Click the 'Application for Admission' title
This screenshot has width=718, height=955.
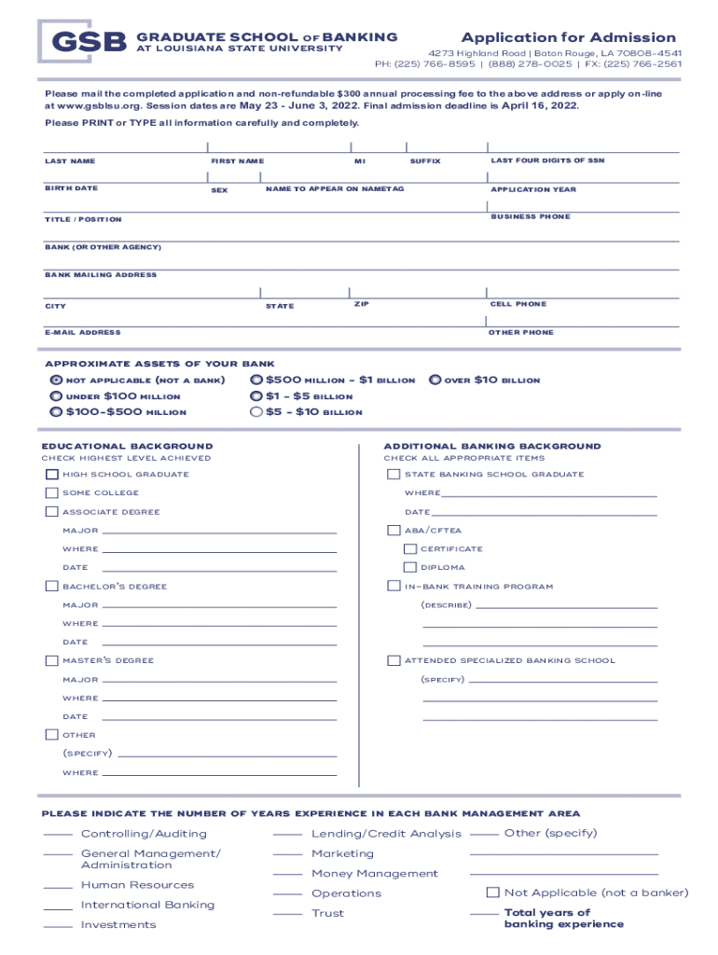568,37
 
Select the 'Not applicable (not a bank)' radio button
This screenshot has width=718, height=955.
56,381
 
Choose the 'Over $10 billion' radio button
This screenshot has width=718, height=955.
435,381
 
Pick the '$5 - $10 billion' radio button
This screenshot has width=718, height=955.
256,411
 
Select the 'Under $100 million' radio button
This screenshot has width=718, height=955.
56,396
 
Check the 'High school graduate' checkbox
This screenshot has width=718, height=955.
52,475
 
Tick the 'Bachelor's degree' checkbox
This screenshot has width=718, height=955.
52,587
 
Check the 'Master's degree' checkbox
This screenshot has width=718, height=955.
52,661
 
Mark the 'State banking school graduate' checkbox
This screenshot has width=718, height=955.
394,475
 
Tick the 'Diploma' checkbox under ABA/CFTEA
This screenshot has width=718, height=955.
410,567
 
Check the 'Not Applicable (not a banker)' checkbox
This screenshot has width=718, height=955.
494,893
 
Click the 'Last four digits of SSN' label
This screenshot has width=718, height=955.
547,161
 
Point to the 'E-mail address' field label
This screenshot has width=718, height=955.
82,333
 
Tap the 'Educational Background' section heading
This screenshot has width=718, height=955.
127,447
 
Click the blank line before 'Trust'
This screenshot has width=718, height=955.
287,915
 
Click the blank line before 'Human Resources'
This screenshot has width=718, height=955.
58,887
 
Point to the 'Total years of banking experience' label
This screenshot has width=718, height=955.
563,919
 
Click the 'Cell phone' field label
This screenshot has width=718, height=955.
518,305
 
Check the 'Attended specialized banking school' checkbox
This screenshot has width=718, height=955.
394,661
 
